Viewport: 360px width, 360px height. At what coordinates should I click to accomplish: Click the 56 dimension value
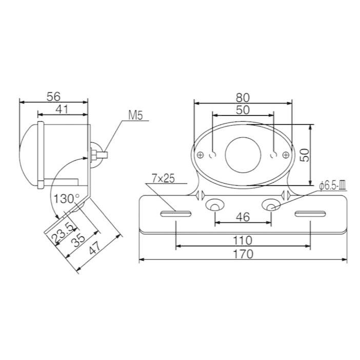click(53, 96)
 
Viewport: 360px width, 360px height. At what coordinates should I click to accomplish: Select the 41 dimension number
click(62, 109)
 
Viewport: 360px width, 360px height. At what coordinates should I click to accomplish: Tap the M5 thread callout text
click(135, 115)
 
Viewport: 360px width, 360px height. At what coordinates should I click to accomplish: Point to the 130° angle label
click(66, 198)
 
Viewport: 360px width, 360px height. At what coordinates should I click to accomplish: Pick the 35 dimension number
click(78, 241)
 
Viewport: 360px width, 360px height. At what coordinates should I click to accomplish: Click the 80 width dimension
click(243, 98)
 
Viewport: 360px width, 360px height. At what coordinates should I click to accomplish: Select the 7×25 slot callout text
click(163, 178)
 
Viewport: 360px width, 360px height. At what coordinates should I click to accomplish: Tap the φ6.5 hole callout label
click(333, 186)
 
